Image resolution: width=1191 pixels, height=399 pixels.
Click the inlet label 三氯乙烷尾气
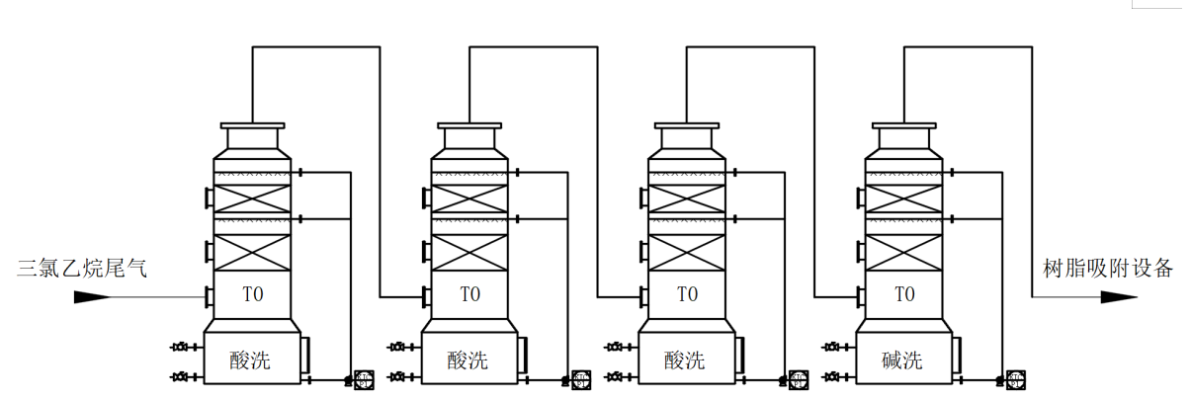tap(82, 267)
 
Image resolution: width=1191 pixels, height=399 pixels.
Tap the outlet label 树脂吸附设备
tap(1108, 267)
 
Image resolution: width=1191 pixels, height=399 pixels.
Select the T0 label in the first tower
tap(252, 294)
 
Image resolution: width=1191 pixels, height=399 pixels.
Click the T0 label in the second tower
tap(469, 294)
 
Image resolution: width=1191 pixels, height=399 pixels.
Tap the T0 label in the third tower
tap(687, 294)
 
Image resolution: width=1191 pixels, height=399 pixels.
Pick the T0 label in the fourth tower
tap(904, 294)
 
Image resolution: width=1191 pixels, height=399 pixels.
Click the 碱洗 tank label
tap(901, 360)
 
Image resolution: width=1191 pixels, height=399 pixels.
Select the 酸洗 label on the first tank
tap(249, 360)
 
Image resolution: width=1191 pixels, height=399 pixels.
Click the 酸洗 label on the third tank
tap(684, 360)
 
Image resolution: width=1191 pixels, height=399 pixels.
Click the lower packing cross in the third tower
tap(687, 252)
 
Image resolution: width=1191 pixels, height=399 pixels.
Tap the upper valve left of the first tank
tap(181, 347)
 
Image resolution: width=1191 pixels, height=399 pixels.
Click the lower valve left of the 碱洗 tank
tap(833, 376)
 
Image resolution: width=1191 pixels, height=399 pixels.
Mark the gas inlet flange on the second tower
tap(426, 296)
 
